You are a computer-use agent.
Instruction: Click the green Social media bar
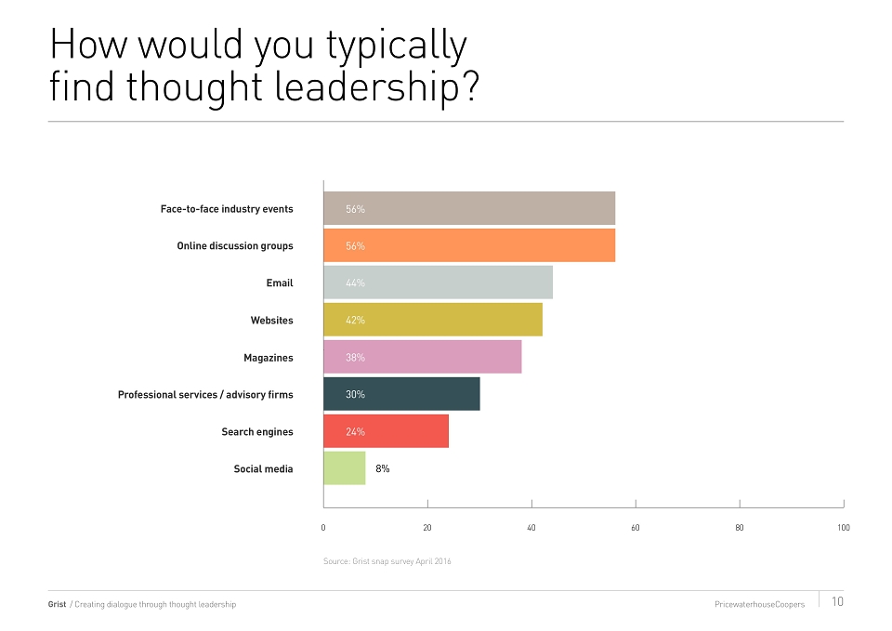coord(345,468)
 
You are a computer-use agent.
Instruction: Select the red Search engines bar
coord(387,431)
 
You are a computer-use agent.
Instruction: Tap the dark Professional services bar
coord(401,394)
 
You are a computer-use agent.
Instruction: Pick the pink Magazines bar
coord(423,357)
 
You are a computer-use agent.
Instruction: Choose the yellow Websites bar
coord(433,320)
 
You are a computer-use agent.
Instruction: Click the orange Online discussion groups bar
coord(469,245)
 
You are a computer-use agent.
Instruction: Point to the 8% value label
coord(382,469)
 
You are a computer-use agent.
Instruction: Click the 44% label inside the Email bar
coord(355,283)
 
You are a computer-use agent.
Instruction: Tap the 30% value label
coord(355,394)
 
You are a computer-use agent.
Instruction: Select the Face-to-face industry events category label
coord(227,209)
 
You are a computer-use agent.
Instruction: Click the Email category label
coord(280,283)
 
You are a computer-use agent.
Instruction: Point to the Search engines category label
coord(257,432)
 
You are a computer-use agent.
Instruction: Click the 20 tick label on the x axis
coord(427,528)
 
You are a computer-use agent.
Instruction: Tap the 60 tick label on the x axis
coord(636,528)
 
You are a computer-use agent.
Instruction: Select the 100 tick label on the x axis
coord(844,528)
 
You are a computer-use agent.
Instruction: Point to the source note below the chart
coord(387,561)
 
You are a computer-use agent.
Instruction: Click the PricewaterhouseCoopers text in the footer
coord(759,604)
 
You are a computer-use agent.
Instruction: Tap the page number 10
coord(837,601)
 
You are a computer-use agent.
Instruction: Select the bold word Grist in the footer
coord(57,604)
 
